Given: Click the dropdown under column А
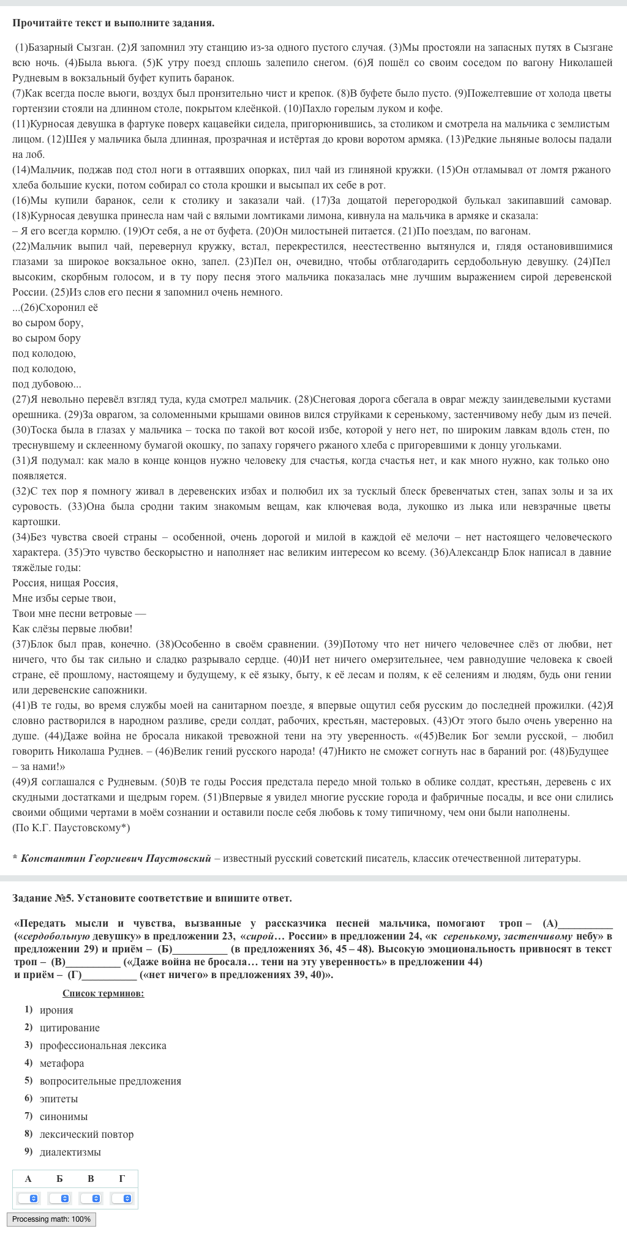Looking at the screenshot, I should click(28, 1198).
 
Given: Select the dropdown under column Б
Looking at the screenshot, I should click(59, 1198).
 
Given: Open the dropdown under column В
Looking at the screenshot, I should click(91, 1198).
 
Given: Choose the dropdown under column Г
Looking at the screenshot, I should click(122, 1198).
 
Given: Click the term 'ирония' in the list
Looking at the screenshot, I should click(56, 1010).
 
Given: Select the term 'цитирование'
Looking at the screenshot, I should click(69, 1028).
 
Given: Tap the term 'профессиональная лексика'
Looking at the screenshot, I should click(103, 1045).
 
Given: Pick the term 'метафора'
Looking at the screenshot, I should click(62, 1063).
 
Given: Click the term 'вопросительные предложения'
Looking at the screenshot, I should click(110, 1081).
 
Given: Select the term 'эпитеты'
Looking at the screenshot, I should click(59, 1099).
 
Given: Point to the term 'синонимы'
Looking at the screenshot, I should click(64, 1116).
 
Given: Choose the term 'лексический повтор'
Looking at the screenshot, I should click(86, 1134).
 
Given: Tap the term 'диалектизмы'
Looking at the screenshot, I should click(70, 1152).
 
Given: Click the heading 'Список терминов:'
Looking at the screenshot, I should click(103, 993).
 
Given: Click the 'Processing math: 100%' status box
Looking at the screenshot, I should click(51, 1219).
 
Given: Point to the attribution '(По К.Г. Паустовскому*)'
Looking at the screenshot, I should click(71, 828).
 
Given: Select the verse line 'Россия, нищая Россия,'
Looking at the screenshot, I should click(65, 583).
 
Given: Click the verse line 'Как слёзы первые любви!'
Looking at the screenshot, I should click(72, 629).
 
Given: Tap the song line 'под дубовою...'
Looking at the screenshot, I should click(47, 384).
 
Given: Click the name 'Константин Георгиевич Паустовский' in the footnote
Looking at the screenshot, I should click(116, 858).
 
